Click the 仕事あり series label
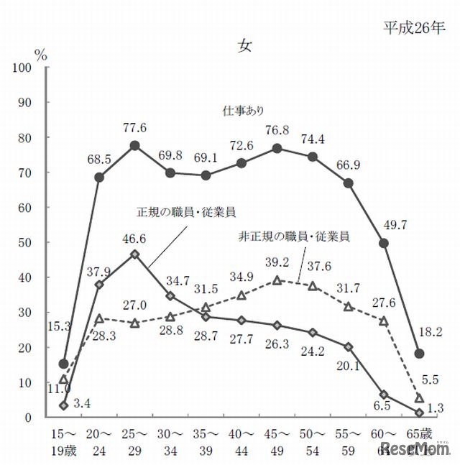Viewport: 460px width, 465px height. point(244,111)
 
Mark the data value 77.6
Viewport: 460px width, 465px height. point(134,127)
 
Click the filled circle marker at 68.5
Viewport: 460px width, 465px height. point(99,177)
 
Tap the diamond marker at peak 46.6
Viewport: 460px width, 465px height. point(134,254)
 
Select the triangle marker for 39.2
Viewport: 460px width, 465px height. point(277,280)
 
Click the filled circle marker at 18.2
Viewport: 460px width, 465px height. point(420,354)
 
